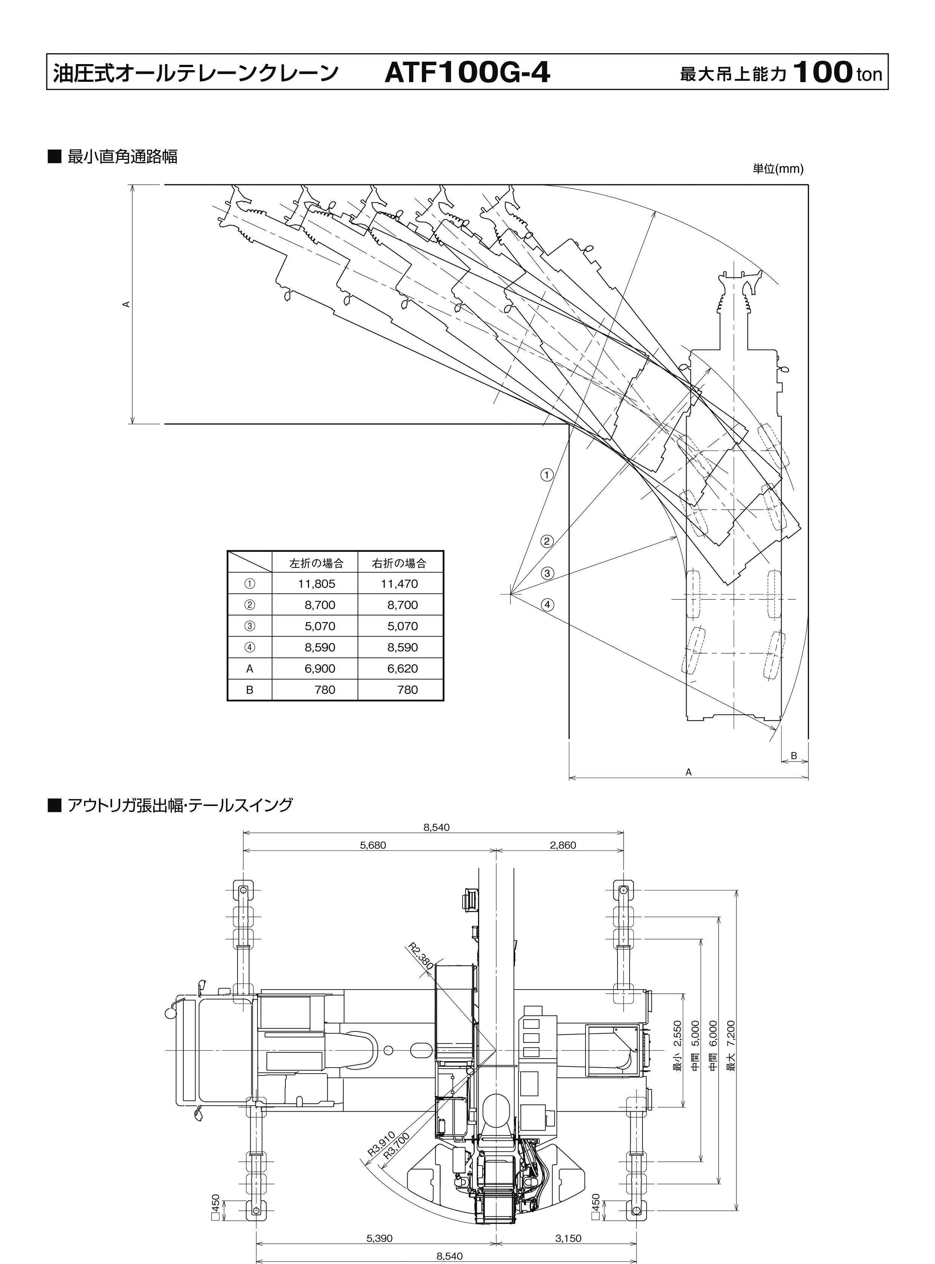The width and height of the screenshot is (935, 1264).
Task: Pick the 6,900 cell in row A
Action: (x=320, y=668)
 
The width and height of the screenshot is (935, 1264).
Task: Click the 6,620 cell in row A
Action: (x=402, y=668)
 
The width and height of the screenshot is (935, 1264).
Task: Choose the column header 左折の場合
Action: (x=316, y=563)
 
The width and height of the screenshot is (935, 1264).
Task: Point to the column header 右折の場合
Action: (x=399, y=563)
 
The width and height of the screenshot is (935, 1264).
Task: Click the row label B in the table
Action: (x=250, y=690)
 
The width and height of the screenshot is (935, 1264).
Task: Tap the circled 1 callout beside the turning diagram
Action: (x=546, y=475)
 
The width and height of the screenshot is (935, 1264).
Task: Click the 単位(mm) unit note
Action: (x=778, y=169)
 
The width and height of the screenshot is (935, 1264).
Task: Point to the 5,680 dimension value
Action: (x=372, y=845)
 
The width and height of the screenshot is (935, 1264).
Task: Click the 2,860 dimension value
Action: (x=563, y=845)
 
